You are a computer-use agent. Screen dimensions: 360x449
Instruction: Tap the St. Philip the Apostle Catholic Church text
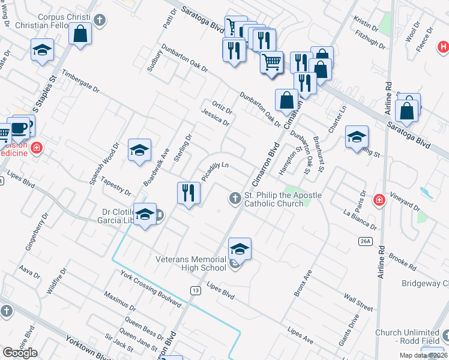point(283,199)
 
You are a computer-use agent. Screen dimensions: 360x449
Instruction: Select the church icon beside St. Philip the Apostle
point(235,197)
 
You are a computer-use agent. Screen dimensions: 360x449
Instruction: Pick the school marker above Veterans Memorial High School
point(239,248)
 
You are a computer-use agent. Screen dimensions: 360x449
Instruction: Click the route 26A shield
point(366,241)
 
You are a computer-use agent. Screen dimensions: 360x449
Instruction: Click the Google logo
point(20,353)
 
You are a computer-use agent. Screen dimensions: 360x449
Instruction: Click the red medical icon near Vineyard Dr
point(378,199)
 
